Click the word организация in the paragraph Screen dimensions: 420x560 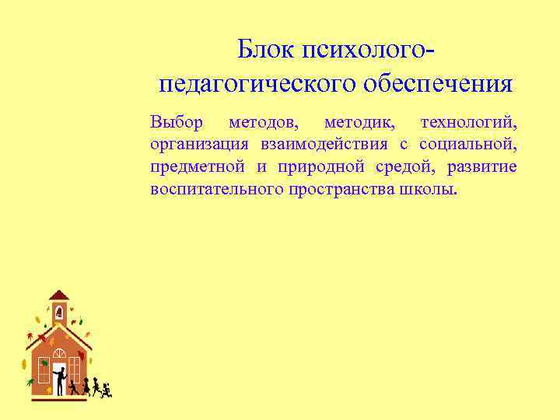[200, 145]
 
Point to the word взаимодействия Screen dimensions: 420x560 [324, 145]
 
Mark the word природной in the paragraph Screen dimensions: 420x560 [310, 167]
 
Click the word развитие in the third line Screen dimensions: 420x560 [482, 167]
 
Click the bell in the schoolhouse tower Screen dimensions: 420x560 [58, 313]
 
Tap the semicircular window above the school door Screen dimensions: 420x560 [59, 353]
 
